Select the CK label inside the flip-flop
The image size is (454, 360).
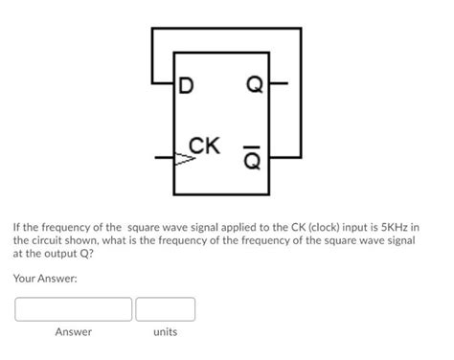click(205, 146)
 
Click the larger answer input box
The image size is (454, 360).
click(73, 309)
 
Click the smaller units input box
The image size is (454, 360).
click(165, 309)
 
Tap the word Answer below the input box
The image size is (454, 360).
click(73, 332)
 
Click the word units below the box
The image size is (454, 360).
click(165, 332)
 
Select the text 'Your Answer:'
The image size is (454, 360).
click(45, 279)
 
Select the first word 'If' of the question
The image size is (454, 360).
click(17, 229)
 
